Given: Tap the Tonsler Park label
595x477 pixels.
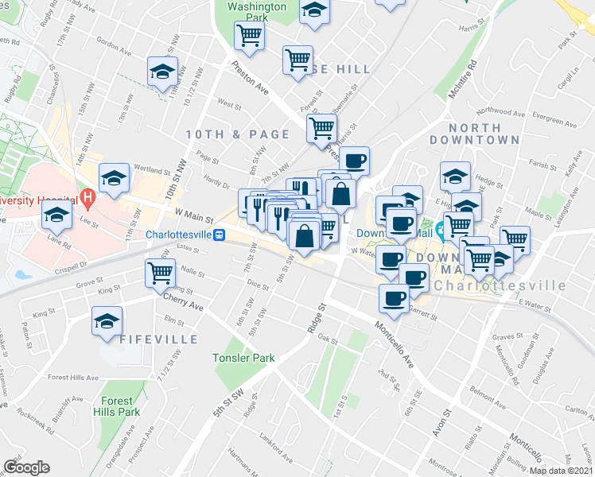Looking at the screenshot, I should (243, 358).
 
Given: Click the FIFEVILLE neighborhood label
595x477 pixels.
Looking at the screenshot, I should (159, 339).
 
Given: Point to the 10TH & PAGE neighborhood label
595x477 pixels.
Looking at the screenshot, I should (238, 134).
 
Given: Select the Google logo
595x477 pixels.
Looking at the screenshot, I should (26, 467).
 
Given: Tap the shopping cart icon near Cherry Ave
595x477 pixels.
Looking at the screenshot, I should (161, 273).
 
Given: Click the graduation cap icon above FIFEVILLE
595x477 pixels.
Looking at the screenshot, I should (107, 321).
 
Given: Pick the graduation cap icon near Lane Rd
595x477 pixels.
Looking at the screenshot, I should (56, 214).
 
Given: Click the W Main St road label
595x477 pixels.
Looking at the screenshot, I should (194, 214).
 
